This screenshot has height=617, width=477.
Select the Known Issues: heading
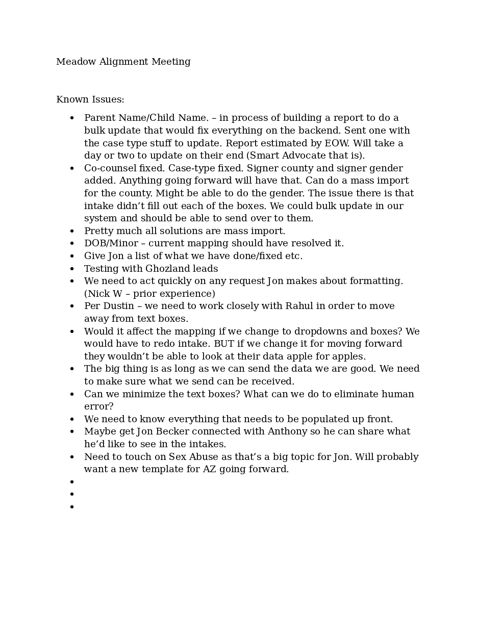tap(90, 99)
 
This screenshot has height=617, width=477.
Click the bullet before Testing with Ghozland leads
tap(72, 269)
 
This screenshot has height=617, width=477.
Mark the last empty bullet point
tap(72, 507)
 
